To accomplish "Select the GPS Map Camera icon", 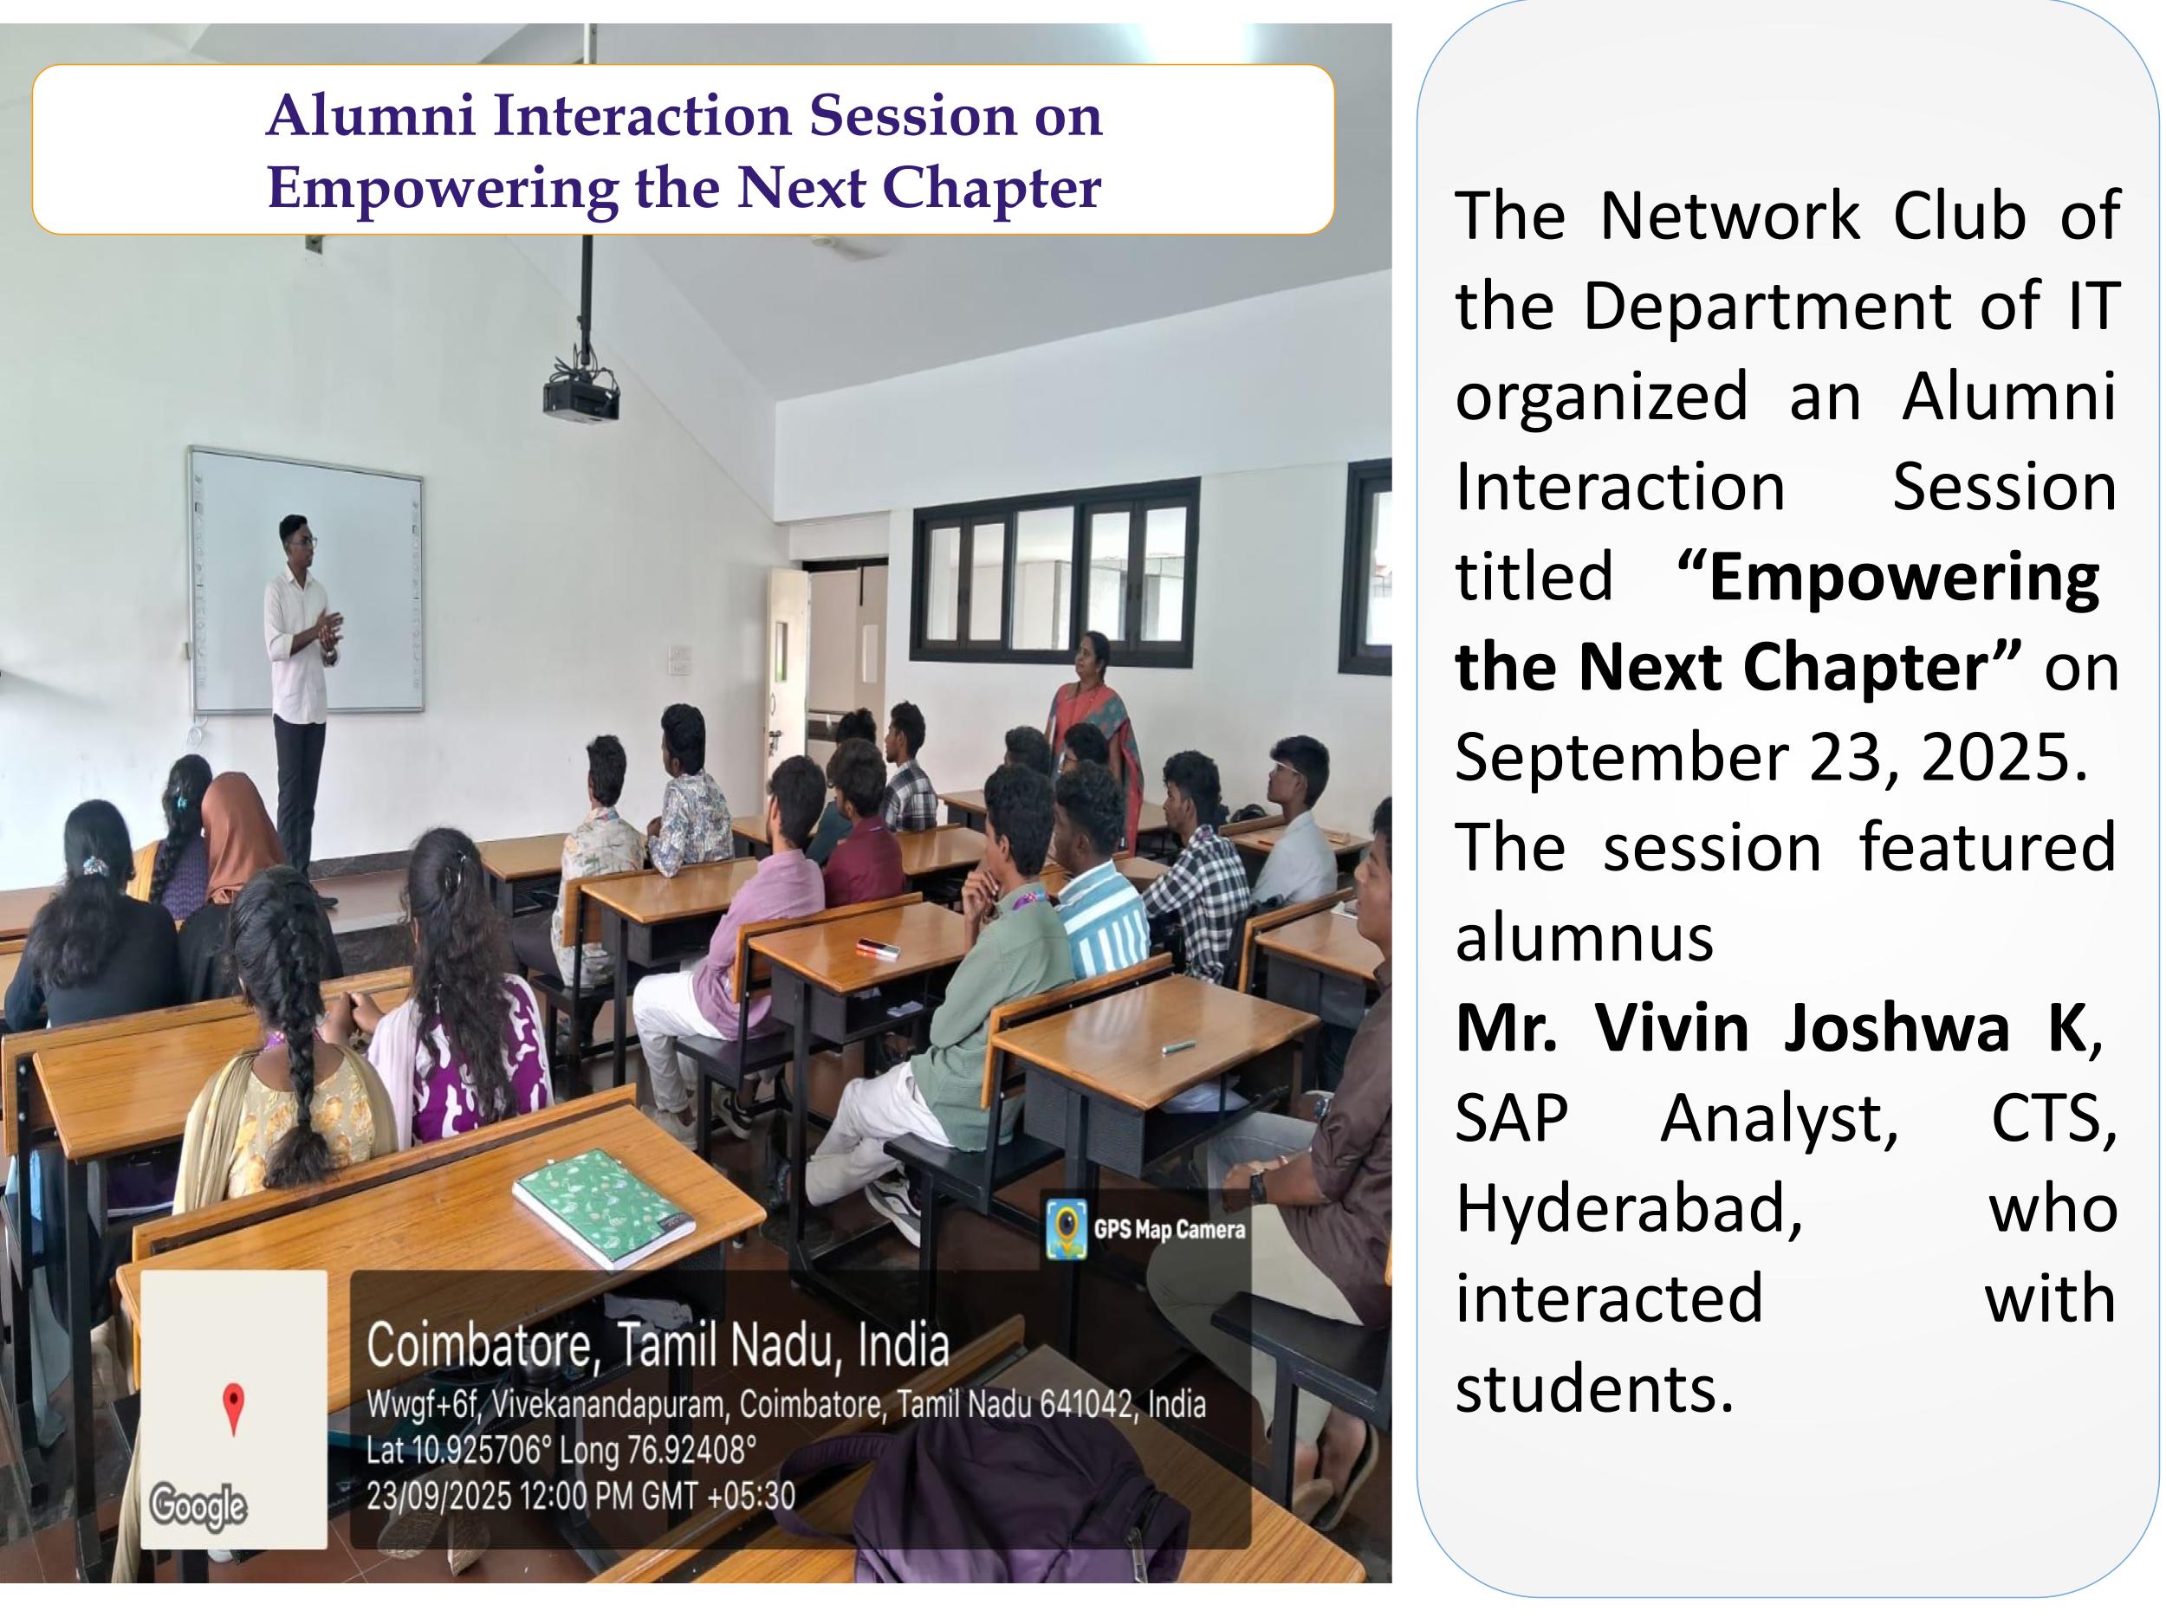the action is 1066,1228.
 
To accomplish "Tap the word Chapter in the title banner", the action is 991,189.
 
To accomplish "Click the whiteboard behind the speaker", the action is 307,579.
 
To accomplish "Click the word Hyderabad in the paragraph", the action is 1629,1208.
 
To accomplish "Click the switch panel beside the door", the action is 679,660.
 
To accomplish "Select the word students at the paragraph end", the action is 1594,1388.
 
